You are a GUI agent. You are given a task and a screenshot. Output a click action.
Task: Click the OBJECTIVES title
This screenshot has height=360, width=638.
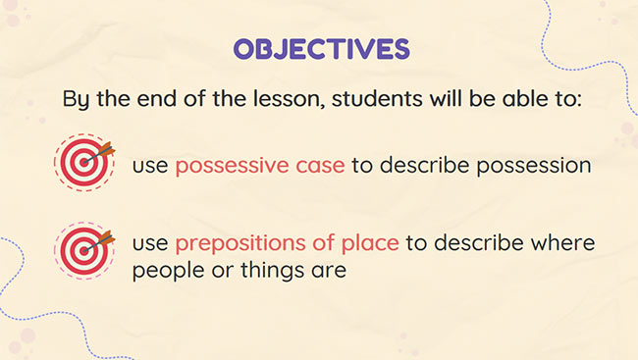click(x=319, y=48)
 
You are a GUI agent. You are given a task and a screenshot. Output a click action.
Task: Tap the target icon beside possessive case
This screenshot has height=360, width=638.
click(x=82, y=161)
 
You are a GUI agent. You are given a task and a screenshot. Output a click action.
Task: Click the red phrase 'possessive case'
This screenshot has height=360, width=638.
click(x=259, y=165)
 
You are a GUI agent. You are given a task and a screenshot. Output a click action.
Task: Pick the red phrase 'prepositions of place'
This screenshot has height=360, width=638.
click(x=287, y=242)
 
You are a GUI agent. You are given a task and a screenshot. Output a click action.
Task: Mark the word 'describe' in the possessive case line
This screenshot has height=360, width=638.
click(x=423, y=165)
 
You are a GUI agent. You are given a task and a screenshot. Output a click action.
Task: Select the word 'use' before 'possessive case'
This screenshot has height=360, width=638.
click(x=151, y=165)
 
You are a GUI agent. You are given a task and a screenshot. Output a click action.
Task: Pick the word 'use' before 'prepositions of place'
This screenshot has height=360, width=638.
click(x=151, y=242)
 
